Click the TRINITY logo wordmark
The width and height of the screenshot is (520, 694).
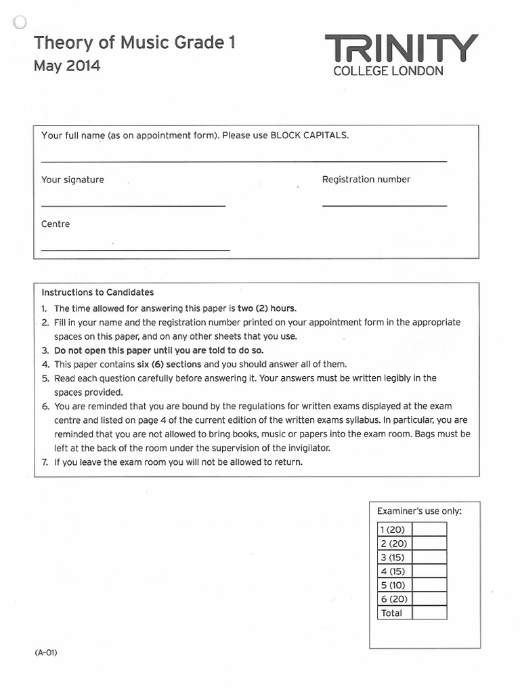click(402, 48)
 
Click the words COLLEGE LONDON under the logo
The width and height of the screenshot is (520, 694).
click(389, 70)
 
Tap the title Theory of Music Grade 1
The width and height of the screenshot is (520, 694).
click(135, 43)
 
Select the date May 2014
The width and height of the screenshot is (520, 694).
click(67, 66)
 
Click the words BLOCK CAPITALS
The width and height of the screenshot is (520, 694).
click(309, 136)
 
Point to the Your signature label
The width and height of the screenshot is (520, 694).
click(72, 180)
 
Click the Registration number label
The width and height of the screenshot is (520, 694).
click(366, 180)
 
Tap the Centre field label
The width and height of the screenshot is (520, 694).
click(56, 224)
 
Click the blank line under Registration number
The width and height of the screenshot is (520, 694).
click(384, 205)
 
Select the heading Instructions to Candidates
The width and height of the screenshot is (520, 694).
click(97, 293)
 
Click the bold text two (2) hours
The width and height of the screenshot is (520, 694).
click(266, 308)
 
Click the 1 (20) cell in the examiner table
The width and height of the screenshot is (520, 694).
click(394, 529)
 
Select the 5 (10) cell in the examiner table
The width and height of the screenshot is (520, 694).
click(394, 585)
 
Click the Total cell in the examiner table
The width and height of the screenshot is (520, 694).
click(394, 613)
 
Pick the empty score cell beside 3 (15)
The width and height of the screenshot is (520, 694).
click(429, 557)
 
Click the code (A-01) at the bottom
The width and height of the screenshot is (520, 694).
click(46, 653)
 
